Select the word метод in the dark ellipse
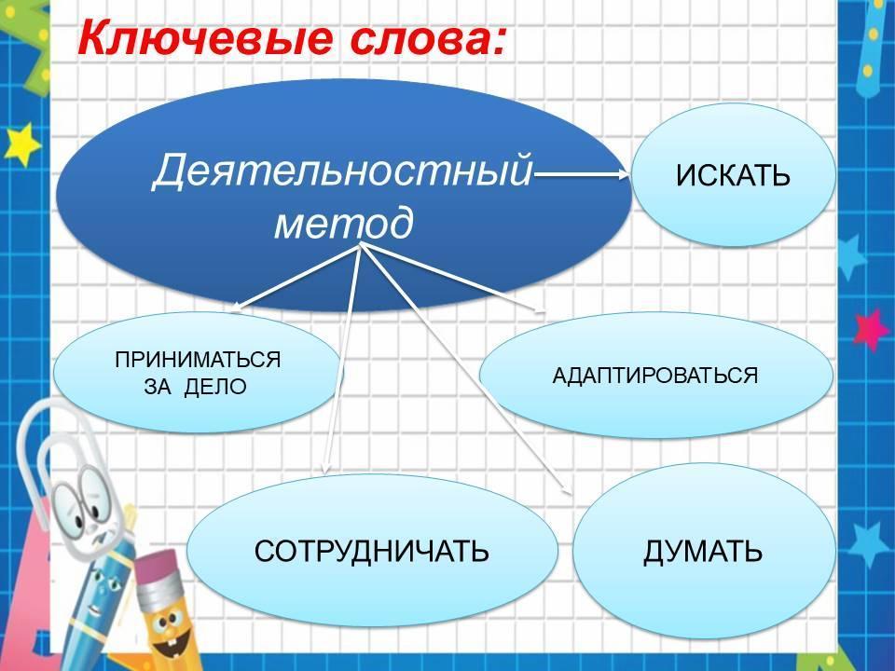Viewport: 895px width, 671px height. (x=344, y=223)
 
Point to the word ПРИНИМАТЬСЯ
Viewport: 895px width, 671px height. (x=198, y=360)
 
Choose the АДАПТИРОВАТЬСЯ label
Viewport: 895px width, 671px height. (x=655, y=376)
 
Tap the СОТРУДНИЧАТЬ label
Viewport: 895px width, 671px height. (x=372, y=551)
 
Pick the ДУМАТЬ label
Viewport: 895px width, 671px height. (x=703, y=551)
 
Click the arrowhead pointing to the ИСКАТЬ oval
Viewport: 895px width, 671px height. (x=624, y=175)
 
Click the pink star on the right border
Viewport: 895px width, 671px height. (x=870, y=329)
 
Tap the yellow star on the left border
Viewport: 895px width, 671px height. (x=21, y=144)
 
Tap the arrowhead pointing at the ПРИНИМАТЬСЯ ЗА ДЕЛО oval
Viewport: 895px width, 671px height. (x=236, y=308)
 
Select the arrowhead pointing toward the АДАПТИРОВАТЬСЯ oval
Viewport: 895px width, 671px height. (x=540, y=310)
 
